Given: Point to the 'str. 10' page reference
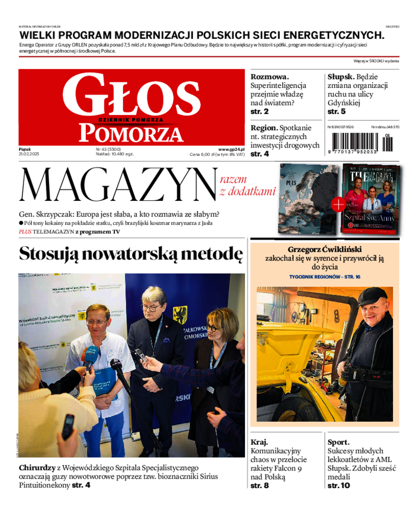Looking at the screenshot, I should pos(339,486).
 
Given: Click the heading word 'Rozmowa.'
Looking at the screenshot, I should pos(270,76).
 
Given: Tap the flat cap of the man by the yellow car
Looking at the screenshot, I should pos(372,296).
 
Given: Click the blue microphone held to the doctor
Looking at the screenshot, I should pos(89,356).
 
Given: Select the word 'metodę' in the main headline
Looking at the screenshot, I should pos(211,254).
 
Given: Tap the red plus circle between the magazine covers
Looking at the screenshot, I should pos(338,205).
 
